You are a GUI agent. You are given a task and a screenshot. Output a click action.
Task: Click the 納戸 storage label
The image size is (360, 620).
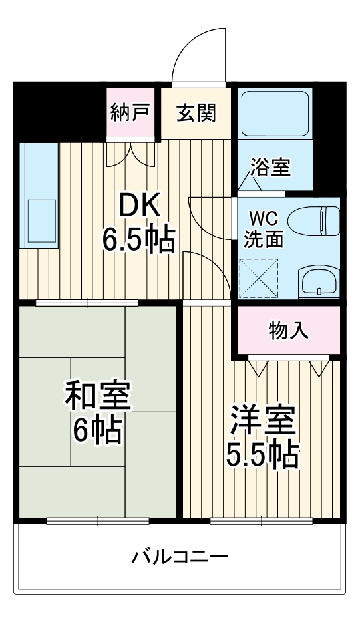130,112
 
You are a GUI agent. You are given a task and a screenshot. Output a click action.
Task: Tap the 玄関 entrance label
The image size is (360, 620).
196,112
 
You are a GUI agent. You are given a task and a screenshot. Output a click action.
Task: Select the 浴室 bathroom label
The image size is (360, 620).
270,166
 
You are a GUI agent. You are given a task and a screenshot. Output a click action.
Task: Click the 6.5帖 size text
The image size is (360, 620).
138,239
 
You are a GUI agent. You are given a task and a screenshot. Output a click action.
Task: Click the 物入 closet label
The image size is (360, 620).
288,331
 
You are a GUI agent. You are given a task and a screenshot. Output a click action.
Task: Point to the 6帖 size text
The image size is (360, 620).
97,431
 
